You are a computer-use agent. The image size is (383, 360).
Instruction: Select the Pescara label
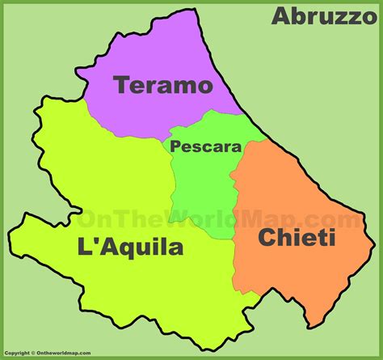click(x=205, y=147)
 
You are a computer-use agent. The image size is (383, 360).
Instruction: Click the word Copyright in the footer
click(x=19, y=354)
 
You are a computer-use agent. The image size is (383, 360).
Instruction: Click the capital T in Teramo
click(x=121, y=85)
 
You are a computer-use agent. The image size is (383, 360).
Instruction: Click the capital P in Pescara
click(x=175, y=147)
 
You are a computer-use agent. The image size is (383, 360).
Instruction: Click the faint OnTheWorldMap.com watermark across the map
click(x=218, y=218)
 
